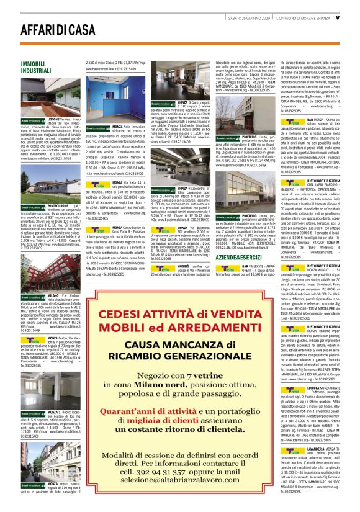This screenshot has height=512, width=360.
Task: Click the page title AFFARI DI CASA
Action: pos(50,29)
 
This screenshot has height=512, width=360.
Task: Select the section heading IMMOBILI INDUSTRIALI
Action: pos(35,67)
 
